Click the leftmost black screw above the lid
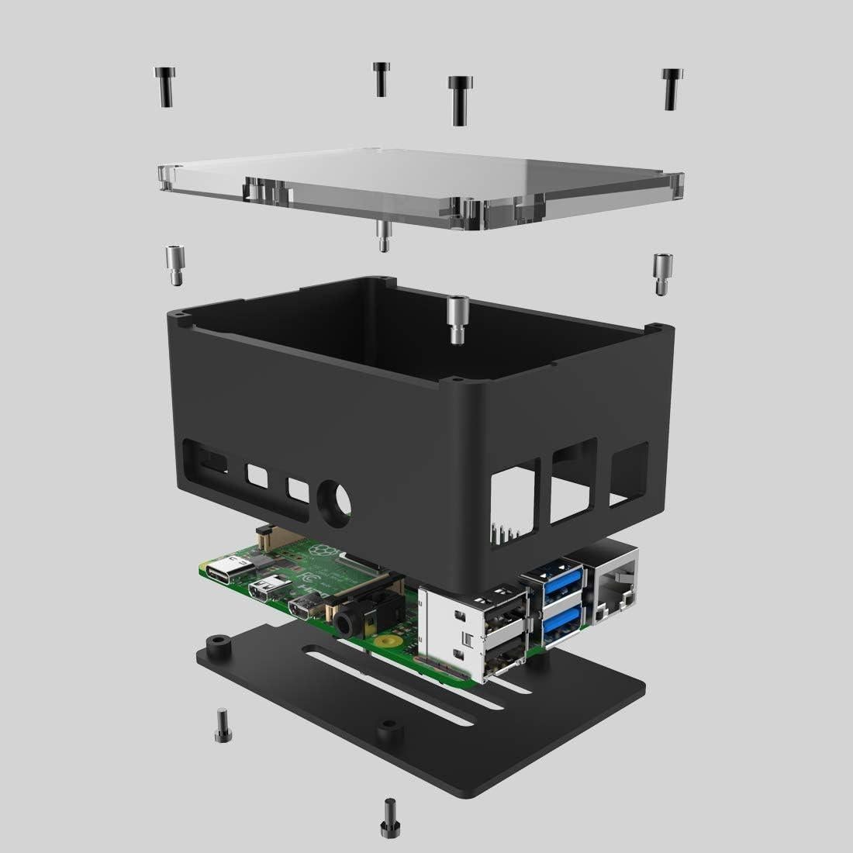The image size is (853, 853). pyautogui.click(x=164, y=86)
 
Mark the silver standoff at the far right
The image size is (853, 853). pyautogui.click(x=661, y=274)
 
